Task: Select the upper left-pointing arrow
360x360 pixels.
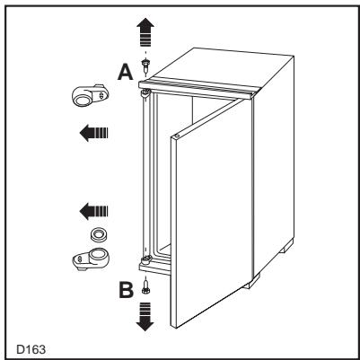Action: (93, 134)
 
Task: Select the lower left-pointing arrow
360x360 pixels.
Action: (93, 212)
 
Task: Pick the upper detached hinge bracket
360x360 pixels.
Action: (87, 97)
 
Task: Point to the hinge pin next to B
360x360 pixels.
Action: (144, 289)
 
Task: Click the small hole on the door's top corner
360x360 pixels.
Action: (177, 136)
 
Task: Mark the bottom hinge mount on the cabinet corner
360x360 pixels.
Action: (144, 262)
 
